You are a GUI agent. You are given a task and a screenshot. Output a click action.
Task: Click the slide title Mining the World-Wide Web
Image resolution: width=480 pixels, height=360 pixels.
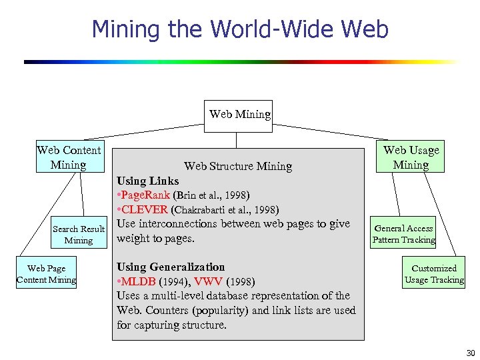(240, 29)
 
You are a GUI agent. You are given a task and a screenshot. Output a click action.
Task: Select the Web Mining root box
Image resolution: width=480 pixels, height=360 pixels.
(240, 114)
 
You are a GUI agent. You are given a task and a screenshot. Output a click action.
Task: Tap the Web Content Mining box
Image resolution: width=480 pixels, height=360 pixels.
(69, 157)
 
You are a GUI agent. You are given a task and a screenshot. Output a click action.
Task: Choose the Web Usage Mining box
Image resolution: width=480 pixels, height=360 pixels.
(411, 157)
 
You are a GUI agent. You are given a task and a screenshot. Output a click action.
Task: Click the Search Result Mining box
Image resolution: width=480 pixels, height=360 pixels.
(79, 235)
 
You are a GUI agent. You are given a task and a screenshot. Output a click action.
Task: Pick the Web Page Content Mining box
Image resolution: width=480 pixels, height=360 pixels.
(46, 274)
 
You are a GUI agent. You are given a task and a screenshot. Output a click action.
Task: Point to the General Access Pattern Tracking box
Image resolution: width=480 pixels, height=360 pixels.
(403, 234)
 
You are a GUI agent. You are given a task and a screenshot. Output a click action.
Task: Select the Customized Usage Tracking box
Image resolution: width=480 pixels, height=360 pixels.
(434, 274)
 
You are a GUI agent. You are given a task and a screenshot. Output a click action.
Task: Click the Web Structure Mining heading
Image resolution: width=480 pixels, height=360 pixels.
(238, 166)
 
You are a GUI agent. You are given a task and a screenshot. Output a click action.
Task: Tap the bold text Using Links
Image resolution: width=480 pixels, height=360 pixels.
(148, 181)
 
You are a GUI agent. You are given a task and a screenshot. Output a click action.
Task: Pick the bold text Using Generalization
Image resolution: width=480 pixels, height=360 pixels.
(171, 267)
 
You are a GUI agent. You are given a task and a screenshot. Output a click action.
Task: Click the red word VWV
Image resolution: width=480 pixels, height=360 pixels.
(209, 281)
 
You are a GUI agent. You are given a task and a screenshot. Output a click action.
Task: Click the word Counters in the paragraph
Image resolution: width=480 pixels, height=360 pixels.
(178, 310)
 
